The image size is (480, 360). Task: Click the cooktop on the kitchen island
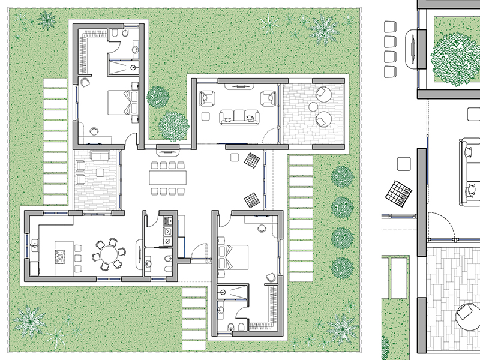(61, 257)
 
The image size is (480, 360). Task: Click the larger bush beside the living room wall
(173, 126)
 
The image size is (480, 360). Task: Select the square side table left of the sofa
(206, 116)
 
